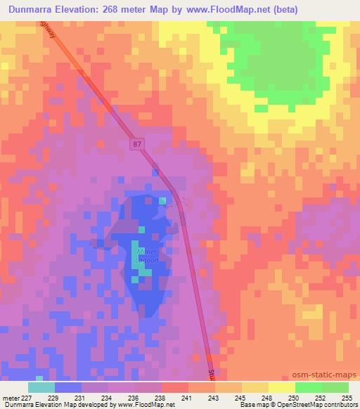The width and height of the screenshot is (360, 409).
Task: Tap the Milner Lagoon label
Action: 148,254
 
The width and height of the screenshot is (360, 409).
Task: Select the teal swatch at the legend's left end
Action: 41,387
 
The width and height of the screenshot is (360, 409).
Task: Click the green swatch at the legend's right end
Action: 335,387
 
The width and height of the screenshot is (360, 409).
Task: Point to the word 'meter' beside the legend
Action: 9,397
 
